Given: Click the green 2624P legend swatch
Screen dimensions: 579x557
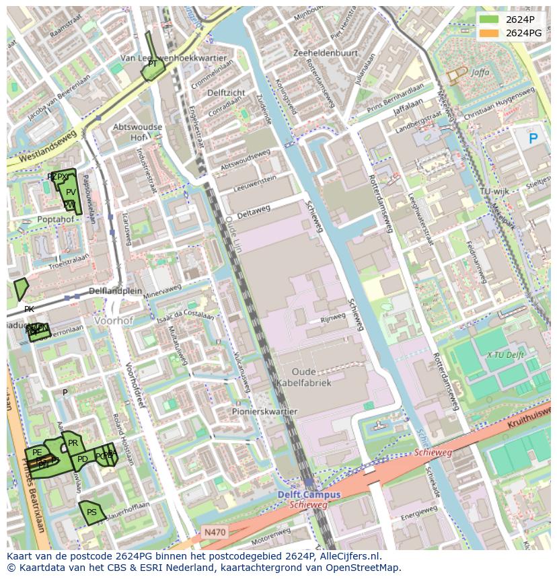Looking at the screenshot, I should click(x=489, y=20).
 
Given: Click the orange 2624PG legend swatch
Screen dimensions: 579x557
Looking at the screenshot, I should click(x=489, y=33).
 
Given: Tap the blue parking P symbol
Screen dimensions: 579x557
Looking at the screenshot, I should click(x=533, y=139).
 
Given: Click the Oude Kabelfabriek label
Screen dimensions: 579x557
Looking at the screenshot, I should click(x=303, y=377).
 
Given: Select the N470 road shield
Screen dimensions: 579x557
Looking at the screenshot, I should click(x=215, y=532).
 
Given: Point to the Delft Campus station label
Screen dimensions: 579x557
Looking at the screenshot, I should click(x=309, y=494).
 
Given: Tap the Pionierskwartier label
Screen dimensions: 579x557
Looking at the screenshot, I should click(x=264, y=412).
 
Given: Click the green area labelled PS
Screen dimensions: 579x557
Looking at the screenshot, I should click(x=90, y=513).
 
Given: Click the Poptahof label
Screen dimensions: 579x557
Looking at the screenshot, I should click(x=56, y=219).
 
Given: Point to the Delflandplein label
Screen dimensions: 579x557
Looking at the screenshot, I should click(x=116, y=291).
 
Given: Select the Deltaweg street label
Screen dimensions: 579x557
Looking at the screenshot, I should click(x=254, y=211).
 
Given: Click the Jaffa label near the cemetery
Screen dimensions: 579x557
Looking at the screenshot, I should click(x=480, y=72).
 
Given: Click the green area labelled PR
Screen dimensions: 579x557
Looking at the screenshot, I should click(x=73, y=443).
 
